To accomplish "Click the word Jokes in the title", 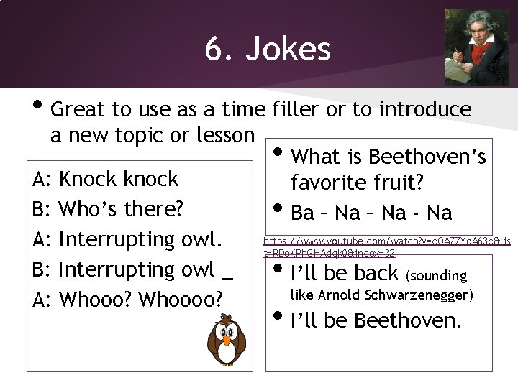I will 288,50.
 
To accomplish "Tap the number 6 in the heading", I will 213,50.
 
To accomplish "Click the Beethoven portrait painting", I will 476,47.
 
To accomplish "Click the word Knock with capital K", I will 88,178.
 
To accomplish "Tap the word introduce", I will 425,109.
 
